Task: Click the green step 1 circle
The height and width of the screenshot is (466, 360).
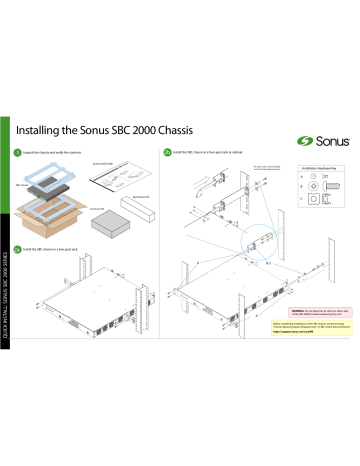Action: [31, 153]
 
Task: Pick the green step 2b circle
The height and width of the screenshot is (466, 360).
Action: [165, 153]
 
